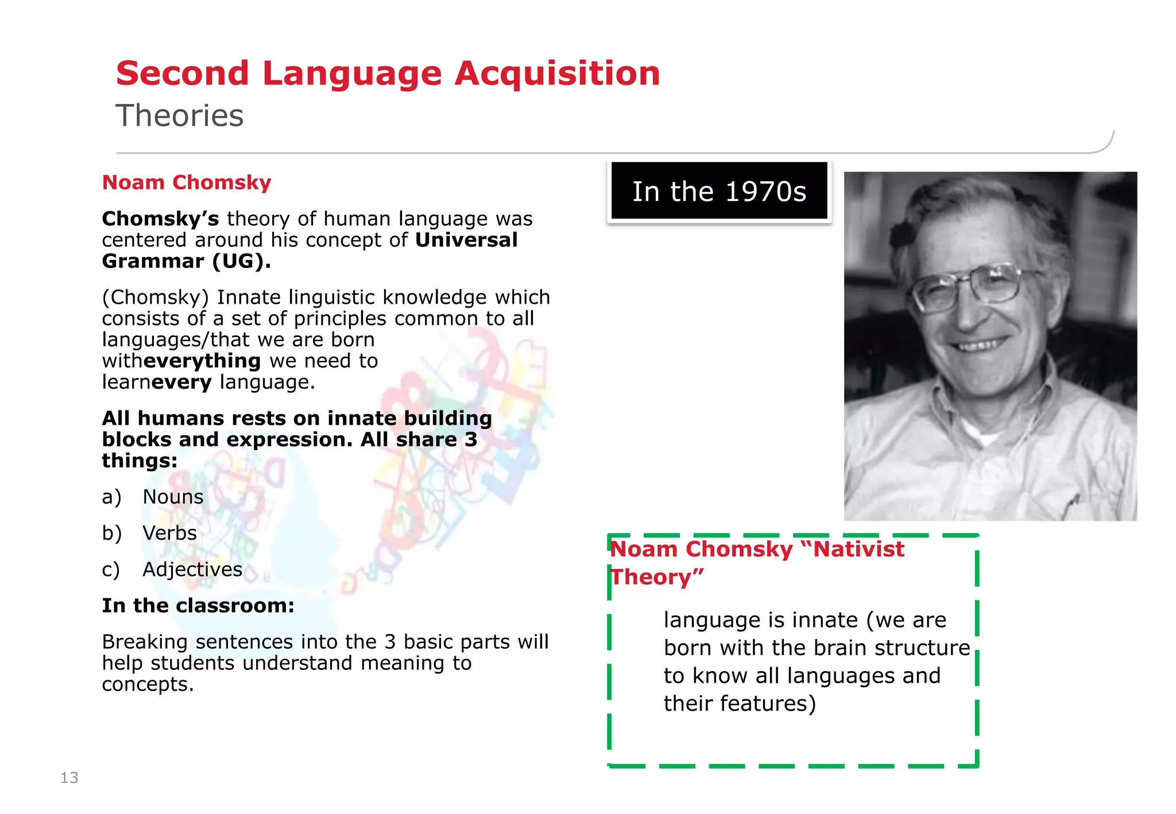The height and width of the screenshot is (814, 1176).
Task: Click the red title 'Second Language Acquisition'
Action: click(x=388, y=73)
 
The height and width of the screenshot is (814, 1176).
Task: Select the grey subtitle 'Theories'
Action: click(x=180, y=115)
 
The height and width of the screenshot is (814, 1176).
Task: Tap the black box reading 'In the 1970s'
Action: click(x=719, y=191)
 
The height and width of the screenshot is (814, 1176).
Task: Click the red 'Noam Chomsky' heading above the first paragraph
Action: click(x=187, y=183)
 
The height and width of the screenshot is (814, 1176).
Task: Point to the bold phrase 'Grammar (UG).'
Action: click(x=187, y=261)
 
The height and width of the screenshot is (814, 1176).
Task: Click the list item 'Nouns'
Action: click(x=173, y=497)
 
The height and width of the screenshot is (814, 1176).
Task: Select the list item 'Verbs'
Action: click(x=169, y=533)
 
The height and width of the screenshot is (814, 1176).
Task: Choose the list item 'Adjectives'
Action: click(x=192, y=569)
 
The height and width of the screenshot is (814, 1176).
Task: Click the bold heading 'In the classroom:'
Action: click(x=198, y=606)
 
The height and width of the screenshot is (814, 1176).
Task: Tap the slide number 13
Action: click(x=69, y=777)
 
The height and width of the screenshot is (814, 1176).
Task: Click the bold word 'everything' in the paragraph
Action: click(x=202, y=361)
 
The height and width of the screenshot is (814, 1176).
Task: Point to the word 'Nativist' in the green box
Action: click(x=858, y=549)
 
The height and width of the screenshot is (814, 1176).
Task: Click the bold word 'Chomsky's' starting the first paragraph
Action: click(x=161, y=219)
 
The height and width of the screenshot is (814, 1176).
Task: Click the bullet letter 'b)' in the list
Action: click(x=112, y=533)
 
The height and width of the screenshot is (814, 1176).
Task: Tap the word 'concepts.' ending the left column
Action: click(x=148, y=684)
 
